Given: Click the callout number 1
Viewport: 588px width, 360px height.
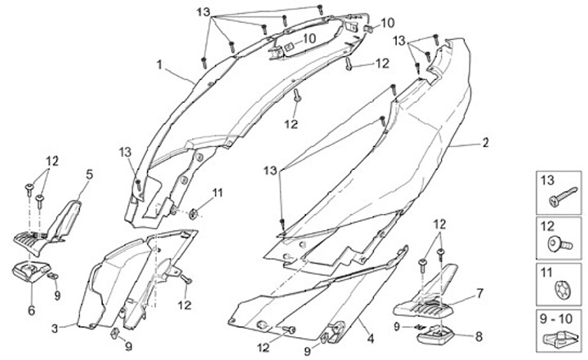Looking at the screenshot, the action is pos(160,63).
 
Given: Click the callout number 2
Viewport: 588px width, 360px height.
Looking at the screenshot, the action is pos(485,143).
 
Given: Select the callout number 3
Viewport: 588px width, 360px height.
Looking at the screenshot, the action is pos(54,327).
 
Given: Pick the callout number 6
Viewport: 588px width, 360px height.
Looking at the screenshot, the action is pos(31,310).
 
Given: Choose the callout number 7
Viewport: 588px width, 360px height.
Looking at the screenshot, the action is pos(480,292).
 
